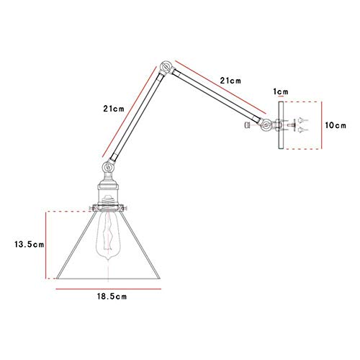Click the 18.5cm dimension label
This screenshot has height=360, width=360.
112,297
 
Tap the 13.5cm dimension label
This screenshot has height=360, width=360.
30,245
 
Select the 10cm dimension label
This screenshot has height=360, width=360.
336,125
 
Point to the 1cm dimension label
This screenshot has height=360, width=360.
281,91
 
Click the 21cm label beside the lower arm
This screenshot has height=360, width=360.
114,109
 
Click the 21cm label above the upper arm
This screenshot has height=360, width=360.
230,81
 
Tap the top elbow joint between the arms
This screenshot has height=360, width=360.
166,66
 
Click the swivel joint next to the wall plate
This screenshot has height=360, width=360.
266,125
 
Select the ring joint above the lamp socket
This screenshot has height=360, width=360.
108,166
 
